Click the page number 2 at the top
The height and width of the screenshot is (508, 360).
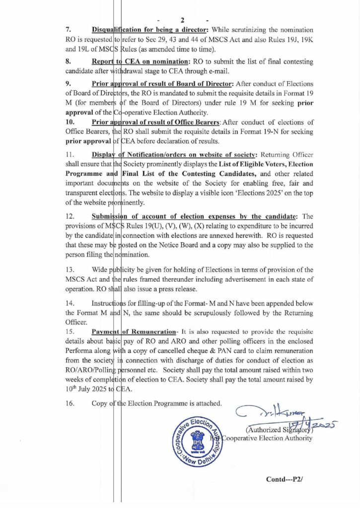pos(182,20)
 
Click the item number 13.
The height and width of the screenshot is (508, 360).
pos(70,270)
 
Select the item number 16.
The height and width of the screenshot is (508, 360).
pos(70,403)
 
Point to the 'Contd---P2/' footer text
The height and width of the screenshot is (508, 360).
pos(285,480)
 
